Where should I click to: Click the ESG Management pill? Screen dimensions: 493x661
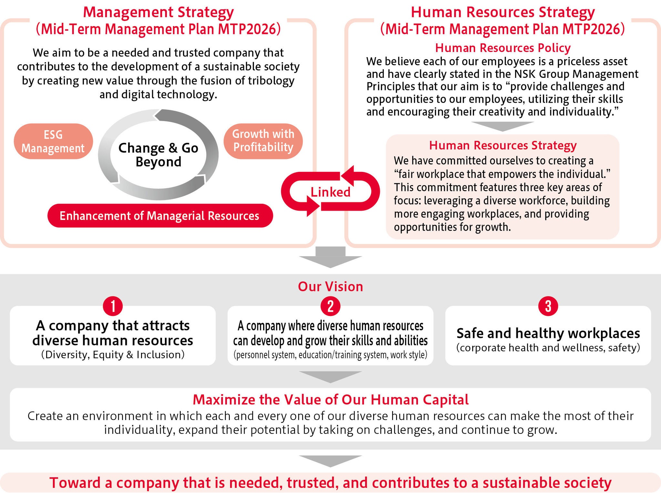pyautogui.click(x=53, y=142)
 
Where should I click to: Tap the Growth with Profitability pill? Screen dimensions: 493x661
pyautogui.click(x=263, y=141)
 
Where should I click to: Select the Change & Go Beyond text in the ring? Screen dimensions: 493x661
pyautogui.click(x=158, y=155)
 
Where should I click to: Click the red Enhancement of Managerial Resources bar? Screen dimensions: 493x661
pyautogui.click(x=160, y=216)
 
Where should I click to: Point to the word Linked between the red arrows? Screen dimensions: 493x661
pyautogui.click(x=330, y=192)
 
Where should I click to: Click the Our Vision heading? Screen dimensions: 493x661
pyautogui.click(x=330, y=287)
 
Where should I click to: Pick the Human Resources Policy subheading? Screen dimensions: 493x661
pyautogui.click(x=503, y=48)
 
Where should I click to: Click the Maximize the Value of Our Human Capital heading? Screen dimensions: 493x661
pyautogui.click(x=330, y=400)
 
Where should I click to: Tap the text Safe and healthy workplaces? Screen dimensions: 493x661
pyautogui.click(x=548, y=333)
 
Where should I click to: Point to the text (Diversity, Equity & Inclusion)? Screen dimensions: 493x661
pyautogui.click(x=113, y=355)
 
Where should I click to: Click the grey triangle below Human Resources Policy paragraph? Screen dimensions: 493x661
pyautogui.click(x=503, y=126)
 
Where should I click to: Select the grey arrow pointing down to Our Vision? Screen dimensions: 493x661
pyautogui.click(x=330, y=258)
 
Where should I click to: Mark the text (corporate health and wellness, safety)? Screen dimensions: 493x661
pyautogui.click(x=548, y=348)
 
